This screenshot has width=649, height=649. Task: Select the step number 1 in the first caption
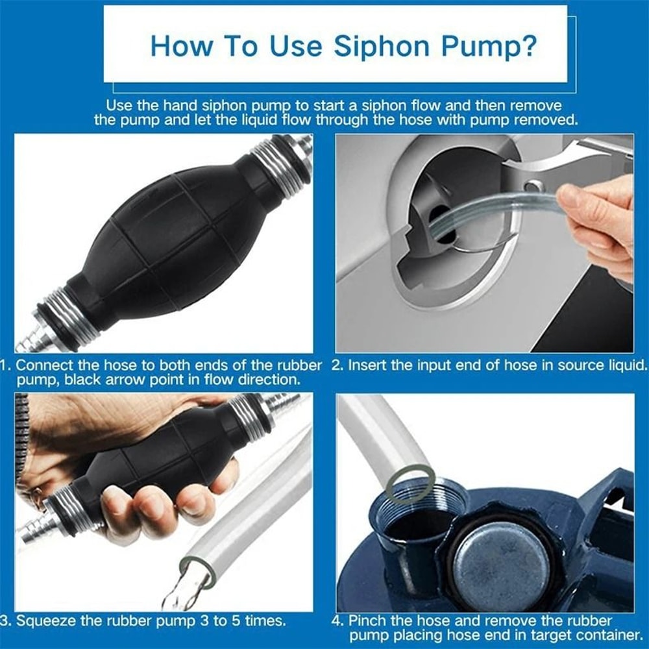point(6,365)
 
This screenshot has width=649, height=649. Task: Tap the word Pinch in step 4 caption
point(367,620)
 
